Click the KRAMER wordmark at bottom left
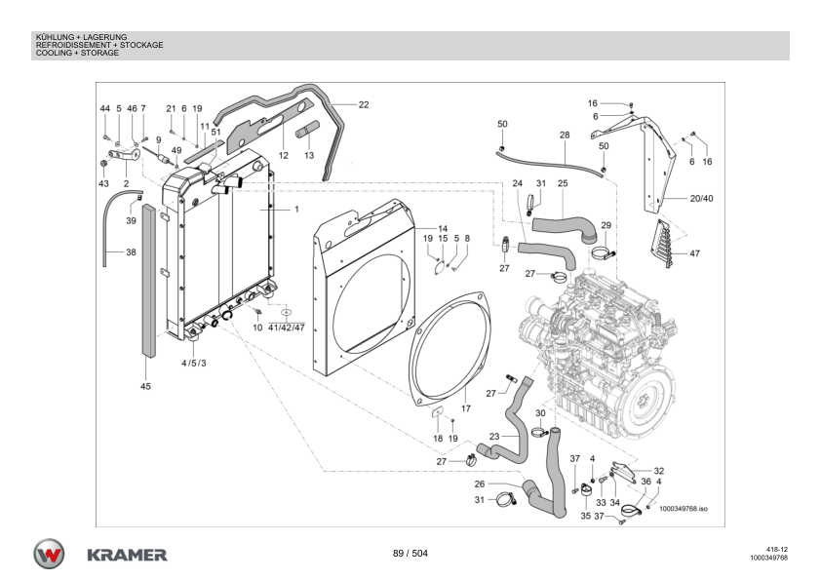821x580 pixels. click(127, 555)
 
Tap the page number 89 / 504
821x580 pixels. click(410, 554)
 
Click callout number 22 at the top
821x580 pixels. click(364, 104)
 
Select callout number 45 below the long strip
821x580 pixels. click(146, 386)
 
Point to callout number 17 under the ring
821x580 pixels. click(466, 407)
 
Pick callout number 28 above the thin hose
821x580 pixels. click(564, 135)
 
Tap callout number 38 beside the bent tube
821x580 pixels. click(131, 251)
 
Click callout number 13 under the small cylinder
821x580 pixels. click(308, 155)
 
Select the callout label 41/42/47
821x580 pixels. click(287, 328)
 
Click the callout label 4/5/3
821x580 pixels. click(194, 363)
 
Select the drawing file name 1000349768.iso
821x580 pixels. click(682, 509)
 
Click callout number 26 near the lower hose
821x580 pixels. click(479, 483)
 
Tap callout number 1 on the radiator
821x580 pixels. click(296, 210)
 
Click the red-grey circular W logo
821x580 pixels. click(50, 554)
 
